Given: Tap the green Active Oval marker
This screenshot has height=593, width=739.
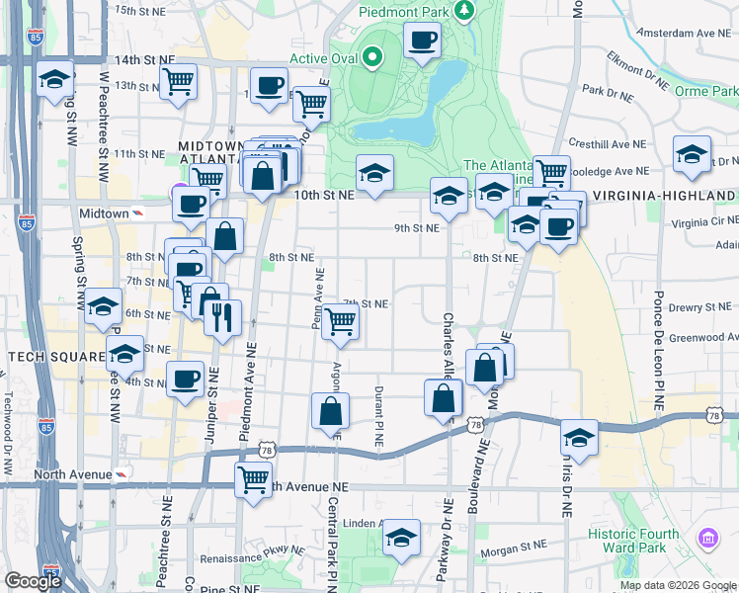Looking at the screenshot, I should (x=371, y=57).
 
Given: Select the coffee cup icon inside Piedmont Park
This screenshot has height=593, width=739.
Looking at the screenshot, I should (x=422, y=41).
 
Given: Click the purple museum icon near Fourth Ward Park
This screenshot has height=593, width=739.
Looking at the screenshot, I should (x=708, y=539).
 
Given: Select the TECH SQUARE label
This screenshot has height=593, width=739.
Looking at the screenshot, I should (x=54, y=356).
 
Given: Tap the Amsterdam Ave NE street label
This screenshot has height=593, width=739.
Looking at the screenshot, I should (x=676, y=33).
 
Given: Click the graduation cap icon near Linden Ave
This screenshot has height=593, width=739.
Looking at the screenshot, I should (x=401, y=538).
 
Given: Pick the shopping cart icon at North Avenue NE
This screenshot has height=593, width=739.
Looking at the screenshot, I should (x=253, y=480).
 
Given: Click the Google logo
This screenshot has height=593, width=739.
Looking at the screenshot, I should (x=33, y=581).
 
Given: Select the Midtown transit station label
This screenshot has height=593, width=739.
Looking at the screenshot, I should (x=104, y=213).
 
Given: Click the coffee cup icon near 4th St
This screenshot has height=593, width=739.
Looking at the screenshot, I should (x=184, y=380).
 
